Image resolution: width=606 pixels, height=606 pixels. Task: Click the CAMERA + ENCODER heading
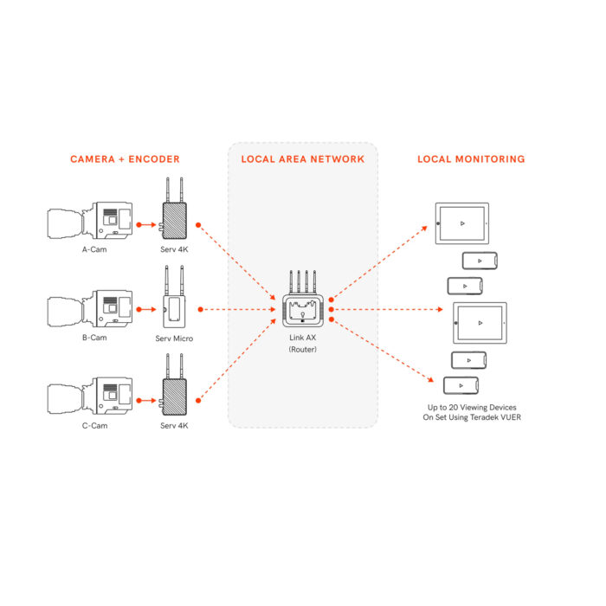(x=125, y=159)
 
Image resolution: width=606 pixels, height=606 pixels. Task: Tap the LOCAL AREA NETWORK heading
(x=303, y=159)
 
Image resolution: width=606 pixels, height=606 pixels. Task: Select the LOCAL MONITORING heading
(x=471, y=159)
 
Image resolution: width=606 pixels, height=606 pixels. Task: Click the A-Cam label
(x=94, y=249)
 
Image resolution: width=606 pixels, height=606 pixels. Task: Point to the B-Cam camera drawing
(x=90, y=308)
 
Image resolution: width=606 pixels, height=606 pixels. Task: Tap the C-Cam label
(x=94, y=426)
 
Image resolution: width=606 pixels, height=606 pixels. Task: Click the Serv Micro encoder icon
(x=174, y=297)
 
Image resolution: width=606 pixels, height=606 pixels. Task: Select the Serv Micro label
(x=174, y=338)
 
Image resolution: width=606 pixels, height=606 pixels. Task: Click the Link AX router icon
(x=303, y=300)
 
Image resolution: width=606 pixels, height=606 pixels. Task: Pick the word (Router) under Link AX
(x=303, y=350)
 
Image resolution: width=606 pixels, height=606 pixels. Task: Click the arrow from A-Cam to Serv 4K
(x=146, y=224)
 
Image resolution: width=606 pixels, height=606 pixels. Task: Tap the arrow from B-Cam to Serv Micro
(x=146, y=309)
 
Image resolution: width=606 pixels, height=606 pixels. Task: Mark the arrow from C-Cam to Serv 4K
(x=146, y=400)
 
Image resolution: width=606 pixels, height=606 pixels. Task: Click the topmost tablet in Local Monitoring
(x=461, y=223)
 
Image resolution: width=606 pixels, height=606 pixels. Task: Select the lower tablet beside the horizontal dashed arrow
(x=480, y=323)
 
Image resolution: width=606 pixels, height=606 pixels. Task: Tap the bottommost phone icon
(x=461, y=386)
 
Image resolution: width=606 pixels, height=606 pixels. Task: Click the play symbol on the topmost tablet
(x=462, y=223)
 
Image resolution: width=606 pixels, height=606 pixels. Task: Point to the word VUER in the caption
(x=511, y=417)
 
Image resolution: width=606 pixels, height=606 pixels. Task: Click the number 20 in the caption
(x=453, y=408)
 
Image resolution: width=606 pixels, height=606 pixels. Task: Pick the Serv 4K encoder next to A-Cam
(x=174, y=209)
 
